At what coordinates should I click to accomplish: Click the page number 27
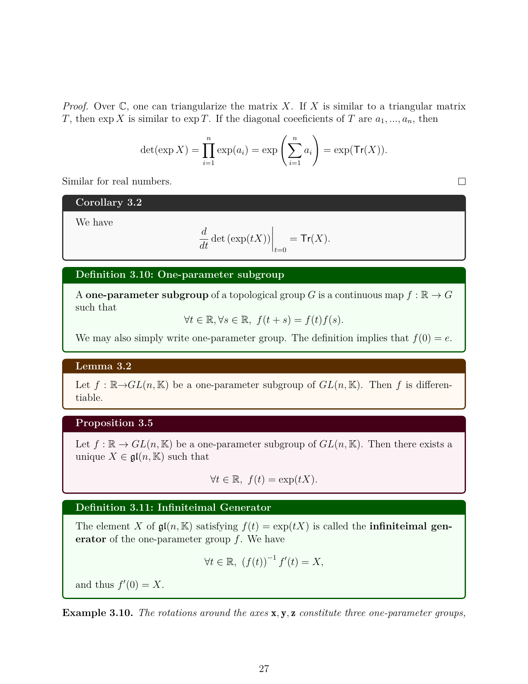[x=264, y=668]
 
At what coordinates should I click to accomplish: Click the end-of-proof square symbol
[x=462, y=182]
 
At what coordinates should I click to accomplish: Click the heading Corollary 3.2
[x=108, y=202]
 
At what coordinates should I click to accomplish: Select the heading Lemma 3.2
[x=103, y=366]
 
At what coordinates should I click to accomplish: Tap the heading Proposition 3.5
[x=114, y=423]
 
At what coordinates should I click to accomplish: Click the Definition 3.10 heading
[x=180, y=275]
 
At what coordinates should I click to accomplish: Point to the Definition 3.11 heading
[x=173, y=507]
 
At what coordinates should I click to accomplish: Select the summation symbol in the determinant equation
[x=294, y=150]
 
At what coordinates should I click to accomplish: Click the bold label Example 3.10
[x=97, y=613]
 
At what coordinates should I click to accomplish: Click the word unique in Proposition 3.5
[x=88, y=457]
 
